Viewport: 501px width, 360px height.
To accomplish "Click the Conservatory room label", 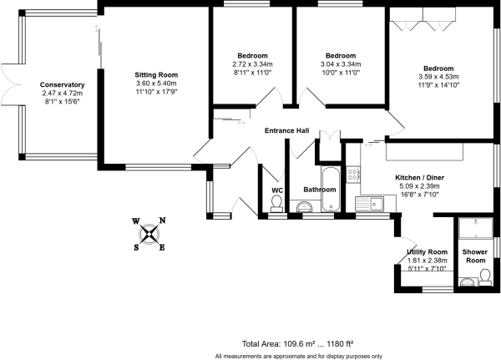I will (x=63, y=84).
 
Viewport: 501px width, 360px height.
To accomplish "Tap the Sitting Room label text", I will (x=151, y=75).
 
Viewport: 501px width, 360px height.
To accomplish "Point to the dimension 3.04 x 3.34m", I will (x=341, y=64).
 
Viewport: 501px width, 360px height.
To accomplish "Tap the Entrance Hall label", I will (x=286, y=131).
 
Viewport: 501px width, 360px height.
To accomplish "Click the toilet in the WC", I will (x=276, y=210).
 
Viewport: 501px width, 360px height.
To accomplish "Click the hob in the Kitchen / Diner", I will (x=353, y=175).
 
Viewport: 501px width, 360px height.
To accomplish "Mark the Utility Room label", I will (x=427, y=251).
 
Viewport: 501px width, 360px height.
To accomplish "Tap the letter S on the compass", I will (x=137, y=246).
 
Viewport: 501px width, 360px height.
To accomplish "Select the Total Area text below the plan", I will (x=298, y=342).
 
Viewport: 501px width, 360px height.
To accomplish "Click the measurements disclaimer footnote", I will (x=298, y=355).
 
